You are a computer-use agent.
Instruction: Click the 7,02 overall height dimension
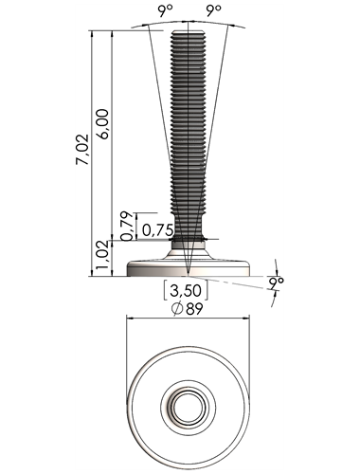click(x=82, y=150)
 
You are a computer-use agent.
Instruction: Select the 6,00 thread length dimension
click(x=103, y=124)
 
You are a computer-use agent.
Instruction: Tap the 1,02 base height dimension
click(x=102, y=259)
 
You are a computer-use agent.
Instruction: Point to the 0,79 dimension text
click(x=128, y=227)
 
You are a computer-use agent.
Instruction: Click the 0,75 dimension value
click(x=157, y=230)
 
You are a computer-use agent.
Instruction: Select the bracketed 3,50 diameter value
click(x=186, y=290)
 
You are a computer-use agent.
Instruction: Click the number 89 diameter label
click(x=194, y=309)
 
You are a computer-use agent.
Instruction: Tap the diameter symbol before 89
click(x=177, y=309)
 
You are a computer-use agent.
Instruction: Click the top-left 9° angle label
click(x=166, y=11)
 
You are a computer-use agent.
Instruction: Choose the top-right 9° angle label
click(x=214, y=11)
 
